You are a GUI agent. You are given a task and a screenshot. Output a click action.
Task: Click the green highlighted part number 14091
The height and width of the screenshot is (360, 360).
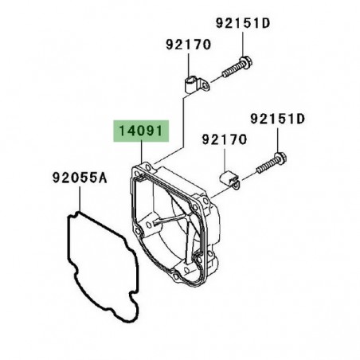(x=141, y=131)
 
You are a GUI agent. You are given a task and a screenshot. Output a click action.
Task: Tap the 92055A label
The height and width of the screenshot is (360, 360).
(x=80, y=178)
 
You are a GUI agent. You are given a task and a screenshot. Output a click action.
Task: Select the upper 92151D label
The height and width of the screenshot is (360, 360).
(x=243, y=23)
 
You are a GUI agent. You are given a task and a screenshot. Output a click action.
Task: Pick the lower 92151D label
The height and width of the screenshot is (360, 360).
(x=278, y=119)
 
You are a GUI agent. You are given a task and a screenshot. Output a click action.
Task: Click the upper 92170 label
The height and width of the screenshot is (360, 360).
(x=189, y=45)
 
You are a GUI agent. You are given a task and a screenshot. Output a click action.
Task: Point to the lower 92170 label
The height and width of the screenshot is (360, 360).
(x=225, y=139)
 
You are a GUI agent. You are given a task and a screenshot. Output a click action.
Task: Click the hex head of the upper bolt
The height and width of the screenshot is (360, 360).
(x=245, y=62)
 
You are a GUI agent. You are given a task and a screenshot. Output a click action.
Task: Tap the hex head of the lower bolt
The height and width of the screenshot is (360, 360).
(x=280, y=158)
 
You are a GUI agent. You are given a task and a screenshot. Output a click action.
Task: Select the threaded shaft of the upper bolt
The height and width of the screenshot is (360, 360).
(x=231, y=70)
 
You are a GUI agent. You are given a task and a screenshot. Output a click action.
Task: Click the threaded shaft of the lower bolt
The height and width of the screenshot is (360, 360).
(x=266, y=166)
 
